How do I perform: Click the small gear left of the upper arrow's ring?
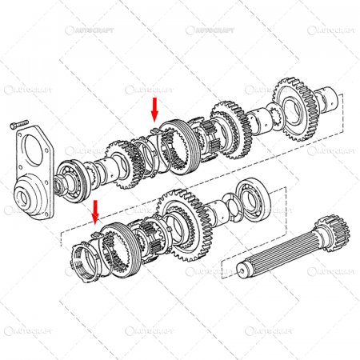pos(117,164)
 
